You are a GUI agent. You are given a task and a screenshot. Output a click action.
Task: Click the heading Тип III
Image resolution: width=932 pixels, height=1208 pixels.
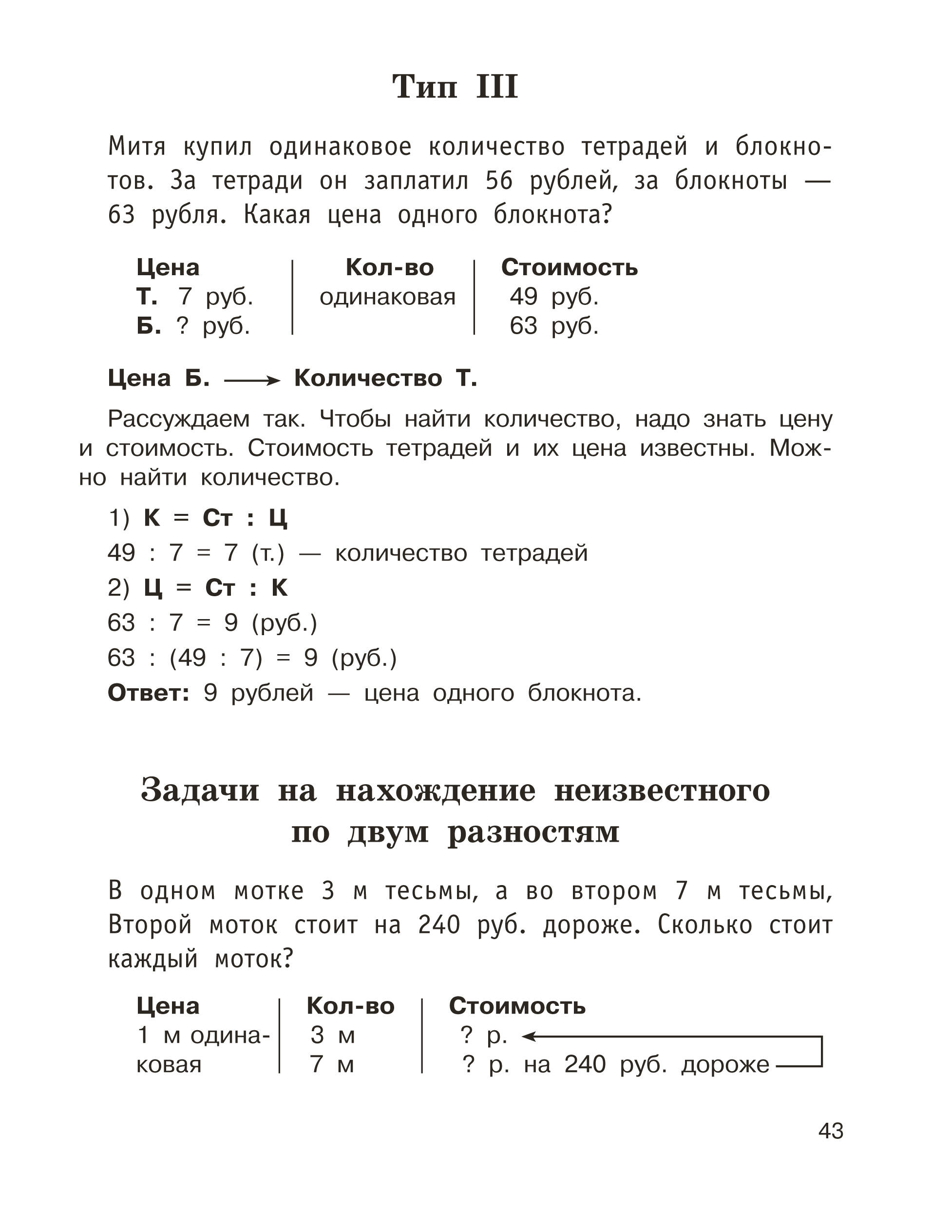pyautogui.click(x=455, y=87)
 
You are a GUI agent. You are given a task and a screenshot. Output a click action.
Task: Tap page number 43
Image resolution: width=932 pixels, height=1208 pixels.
pyautogui.click(x=830, y=1131)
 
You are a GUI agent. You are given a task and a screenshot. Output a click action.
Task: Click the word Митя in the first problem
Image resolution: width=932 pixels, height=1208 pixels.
pyautogui.click(x=136, y=147)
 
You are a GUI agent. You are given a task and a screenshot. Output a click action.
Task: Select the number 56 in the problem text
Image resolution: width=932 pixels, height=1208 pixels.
pyautogui.click(x=499, y=181)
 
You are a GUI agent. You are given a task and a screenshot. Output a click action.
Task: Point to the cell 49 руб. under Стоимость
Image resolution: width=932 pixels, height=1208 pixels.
pyautogui.click(x=553, y=297)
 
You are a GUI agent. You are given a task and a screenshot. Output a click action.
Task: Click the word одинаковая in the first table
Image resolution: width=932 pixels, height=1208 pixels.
pyautogui.click(x=387, y=298)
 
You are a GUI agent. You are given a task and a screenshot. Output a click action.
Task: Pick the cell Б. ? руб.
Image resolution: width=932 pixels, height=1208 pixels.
pyautogui.click(x=193, y=326)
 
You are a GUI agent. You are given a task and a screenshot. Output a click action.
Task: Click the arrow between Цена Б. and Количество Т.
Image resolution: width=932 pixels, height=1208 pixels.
pyautogui.click(x=252, y=380)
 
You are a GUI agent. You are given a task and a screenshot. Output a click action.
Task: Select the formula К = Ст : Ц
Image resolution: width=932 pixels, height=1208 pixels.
pyautogui.click(x=215, y=518)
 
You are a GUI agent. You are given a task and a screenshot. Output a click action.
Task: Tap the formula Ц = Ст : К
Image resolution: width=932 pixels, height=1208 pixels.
pyautogui.click(x=216, y=588)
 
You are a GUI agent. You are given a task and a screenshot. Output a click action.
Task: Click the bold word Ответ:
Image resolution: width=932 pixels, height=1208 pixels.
pyautogui.click(x=148, y=693)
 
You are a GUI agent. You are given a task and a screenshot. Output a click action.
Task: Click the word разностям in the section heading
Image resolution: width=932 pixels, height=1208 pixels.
pyautogui.click(x=533, y=831)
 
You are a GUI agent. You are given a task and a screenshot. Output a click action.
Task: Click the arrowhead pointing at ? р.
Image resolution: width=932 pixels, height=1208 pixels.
pyautogui.click(x=528, y=1036)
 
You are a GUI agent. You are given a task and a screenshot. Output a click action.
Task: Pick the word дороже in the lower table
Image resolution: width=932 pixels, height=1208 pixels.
pyautogui.click(x=724, y=1064)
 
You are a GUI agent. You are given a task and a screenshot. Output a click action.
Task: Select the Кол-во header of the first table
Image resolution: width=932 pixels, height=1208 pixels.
pyautogui.click(x=389, y=268)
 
